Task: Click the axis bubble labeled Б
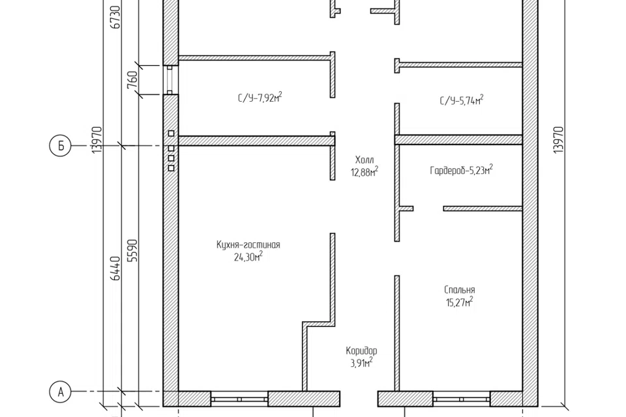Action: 61,146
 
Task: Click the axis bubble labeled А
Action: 61,392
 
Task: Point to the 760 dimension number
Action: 133,79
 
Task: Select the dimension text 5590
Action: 132,250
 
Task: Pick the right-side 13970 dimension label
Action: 559,140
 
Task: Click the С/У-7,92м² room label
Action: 260,97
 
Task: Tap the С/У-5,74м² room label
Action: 462,100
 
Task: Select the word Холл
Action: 365,160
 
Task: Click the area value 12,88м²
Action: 365,172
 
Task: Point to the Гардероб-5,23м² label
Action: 461,170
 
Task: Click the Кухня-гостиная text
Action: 248,244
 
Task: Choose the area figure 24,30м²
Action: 248,257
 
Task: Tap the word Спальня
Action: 460,290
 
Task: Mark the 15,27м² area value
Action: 460,302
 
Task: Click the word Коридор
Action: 361,351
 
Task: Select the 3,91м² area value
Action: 361,363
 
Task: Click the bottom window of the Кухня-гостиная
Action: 239,399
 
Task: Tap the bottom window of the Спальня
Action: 462,399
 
